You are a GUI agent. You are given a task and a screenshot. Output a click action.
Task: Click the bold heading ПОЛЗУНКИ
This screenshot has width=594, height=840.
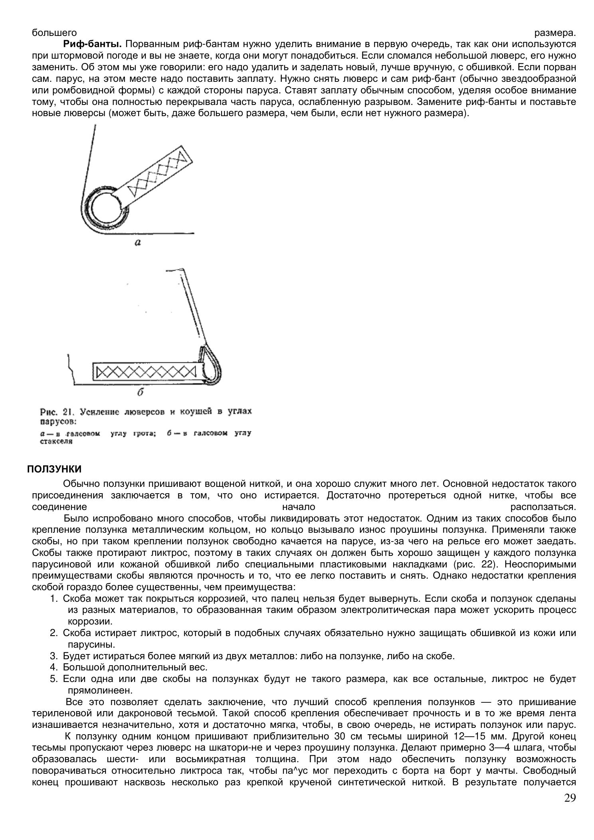point(54,468)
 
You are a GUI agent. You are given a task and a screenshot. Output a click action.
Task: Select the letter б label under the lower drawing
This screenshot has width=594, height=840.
point(140,392)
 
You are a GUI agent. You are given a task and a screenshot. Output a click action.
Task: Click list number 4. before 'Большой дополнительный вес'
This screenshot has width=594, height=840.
point(54,667)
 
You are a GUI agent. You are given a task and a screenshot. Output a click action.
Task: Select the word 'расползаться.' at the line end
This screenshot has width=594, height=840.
point(543,507)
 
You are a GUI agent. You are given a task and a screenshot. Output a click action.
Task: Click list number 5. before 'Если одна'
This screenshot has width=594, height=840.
point(54,678)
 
